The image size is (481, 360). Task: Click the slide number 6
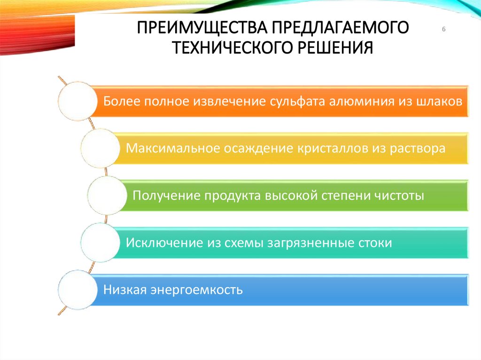click(x=443, y=30)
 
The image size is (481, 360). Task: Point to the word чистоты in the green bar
click(x=399, y=195)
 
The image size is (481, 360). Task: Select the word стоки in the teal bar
click(x=374, y=243)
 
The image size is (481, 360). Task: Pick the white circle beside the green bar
click(x=107, y=195)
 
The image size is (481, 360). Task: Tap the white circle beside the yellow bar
click(x=99, y=148)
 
